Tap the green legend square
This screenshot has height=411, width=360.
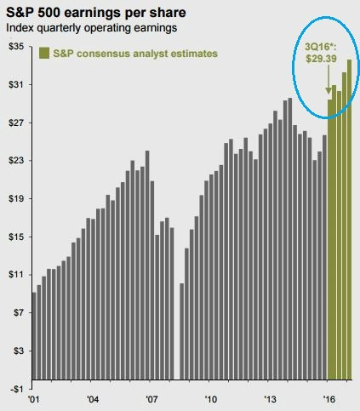(x=39, y=53)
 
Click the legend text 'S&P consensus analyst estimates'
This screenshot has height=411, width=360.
(x=134, y=53)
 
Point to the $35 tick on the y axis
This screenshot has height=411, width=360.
(x=14, y=46)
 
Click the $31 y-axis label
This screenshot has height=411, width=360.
(x=14, y=84)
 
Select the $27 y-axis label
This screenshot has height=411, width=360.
(x=14, y=123)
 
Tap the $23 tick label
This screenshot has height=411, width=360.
(x=14, y=160)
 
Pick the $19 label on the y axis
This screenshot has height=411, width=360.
(x=14, y=198)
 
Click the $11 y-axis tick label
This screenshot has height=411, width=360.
(x=14, y=274)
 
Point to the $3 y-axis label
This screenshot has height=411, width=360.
(x=16, y=350)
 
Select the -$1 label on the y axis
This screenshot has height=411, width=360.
(x=14, y=388)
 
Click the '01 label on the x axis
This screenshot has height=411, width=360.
(x=34, y=399)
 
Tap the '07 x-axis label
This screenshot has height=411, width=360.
(x=151, y=399)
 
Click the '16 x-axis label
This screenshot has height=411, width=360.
(x=328, y=399)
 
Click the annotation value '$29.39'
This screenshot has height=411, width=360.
(x=323, y=61)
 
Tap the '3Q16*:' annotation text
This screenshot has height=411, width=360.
(x=323, y=49)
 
